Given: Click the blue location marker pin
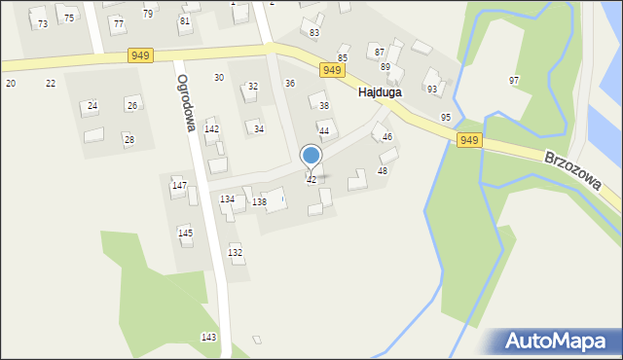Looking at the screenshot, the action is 311,156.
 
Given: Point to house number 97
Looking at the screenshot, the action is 514,80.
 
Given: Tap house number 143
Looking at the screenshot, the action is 208,337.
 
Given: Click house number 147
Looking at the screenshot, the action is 179,185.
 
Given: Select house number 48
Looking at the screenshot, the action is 383,170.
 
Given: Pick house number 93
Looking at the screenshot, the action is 432,89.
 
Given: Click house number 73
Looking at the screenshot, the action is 43,23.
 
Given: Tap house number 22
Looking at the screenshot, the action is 51,83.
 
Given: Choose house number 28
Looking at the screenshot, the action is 128,140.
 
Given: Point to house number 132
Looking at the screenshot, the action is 235,252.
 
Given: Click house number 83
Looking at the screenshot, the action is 314,33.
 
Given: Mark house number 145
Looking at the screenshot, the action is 185,234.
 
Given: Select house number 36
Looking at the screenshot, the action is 289,84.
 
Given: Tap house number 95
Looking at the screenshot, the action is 446,117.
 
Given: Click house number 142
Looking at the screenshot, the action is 211,129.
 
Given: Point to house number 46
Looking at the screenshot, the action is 386,137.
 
